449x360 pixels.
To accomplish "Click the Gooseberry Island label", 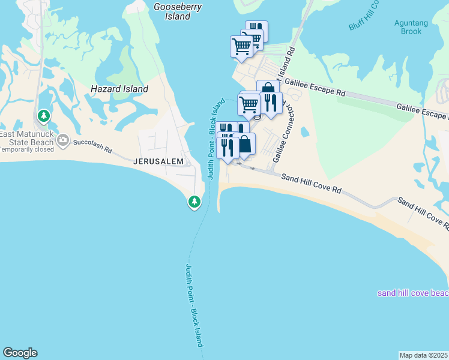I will pyautogui.click(x=177, y=11).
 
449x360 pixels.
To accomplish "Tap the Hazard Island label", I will pyautogui.click(x=119, y=89).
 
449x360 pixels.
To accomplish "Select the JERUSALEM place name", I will pyautogui.click(x=158, y=161).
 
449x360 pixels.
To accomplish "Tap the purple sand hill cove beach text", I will pyautogui.click(x=413, y=293).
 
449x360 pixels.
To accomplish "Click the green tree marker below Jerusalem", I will pyautogui.click(x=194, y=202).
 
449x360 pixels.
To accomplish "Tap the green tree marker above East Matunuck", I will pyautogui.click(x=43, y=115).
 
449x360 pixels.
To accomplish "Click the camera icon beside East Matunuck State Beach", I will pyautogui.click(x=63, y=140).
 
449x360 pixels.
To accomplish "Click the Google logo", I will pyautogui.click(x=20, y=353).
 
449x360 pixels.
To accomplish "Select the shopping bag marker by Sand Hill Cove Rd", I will pyautogui.click(x=245, y=145).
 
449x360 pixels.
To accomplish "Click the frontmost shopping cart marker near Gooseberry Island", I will pyautogui.click(x=241, y=46).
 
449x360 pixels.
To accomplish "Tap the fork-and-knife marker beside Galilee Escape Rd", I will pyautogui.click(x=270, y=103).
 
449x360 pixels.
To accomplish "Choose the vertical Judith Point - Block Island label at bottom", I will pyautogui.click(x=193, y=305).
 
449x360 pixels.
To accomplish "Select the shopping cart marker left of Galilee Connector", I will pyautogui.click(x=249, y=104).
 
